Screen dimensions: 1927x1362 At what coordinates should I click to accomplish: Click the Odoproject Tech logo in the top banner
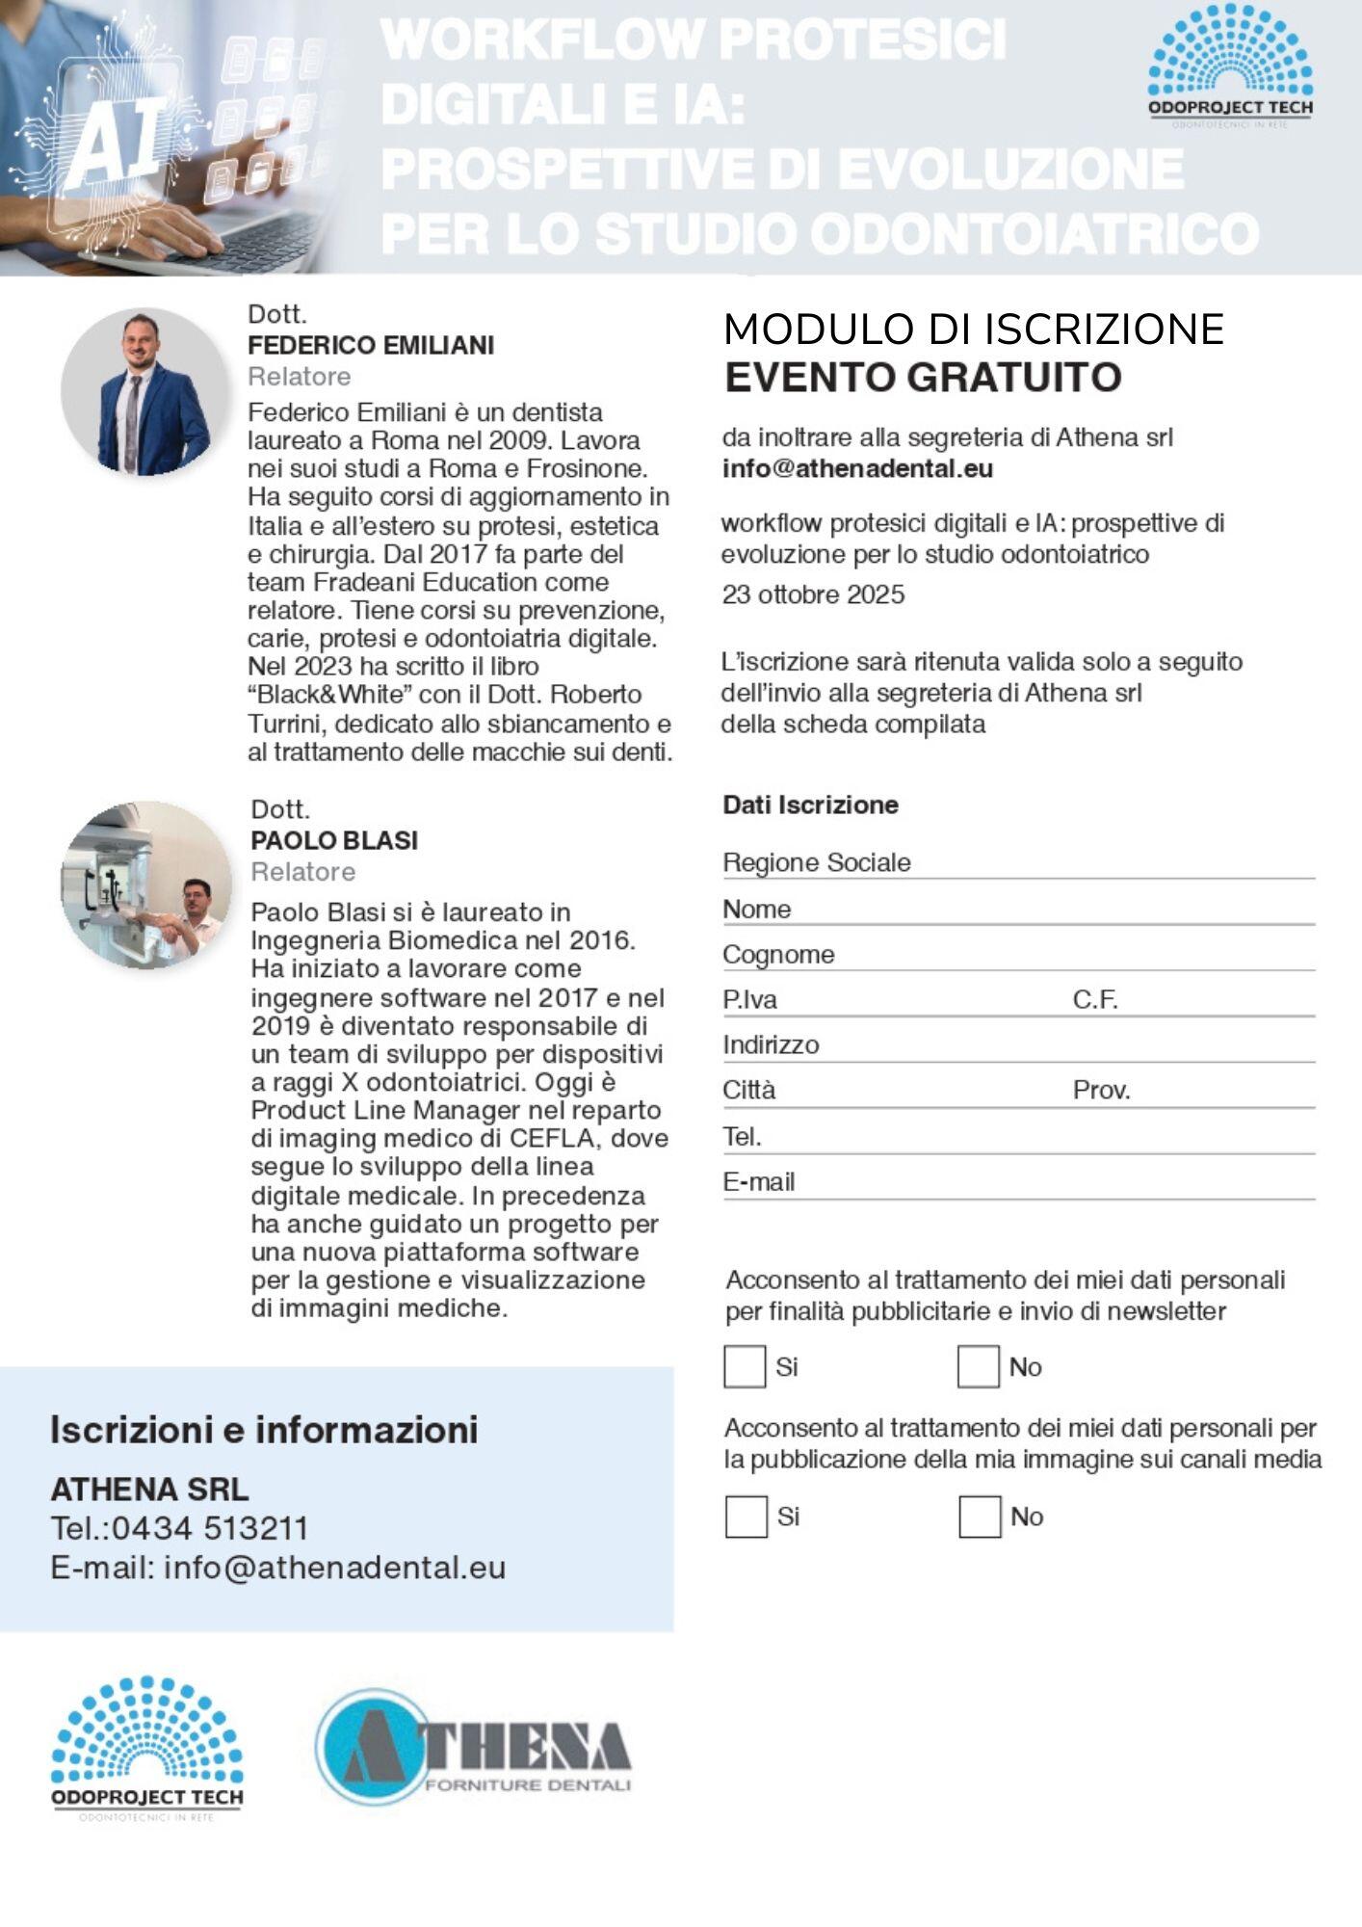[1230, 67]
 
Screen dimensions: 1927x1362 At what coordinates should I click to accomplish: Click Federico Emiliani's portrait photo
[144, 391]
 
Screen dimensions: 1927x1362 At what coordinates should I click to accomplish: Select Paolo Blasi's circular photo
[146, 884]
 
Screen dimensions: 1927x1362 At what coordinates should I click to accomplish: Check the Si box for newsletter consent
[744, 1366]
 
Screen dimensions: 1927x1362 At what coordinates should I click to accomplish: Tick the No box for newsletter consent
[978, 1366]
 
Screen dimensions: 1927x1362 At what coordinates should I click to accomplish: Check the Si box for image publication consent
[745, 1517]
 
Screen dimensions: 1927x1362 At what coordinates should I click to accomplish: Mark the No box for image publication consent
[979, 1517]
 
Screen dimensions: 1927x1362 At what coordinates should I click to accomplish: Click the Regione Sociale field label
[816, 862]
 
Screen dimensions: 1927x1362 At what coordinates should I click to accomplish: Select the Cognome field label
[778, 954]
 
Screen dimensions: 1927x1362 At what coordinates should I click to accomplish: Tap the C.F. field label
[1095, 1000]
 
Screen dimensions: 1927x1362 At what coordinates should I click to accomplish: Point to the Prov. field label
[1101, 1090]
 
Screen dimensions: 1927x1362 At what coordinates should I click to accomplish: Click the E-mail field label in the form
[758, 1181]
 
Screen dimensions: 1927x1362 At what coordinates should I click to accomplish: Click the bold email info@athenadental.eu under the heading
[857, 469]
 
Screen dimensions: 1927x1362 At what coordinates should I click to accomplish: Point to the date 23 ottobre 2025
[813, 594]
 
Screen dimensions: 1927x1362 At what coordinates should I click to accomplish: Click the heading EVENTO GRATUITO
[923, 377]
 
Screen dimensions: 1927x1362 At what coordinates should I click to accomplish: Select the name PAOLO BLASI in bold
[334, 840]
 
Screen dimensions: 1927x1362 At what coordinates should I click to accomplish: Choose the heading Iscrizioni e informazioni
[264, 1430]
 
